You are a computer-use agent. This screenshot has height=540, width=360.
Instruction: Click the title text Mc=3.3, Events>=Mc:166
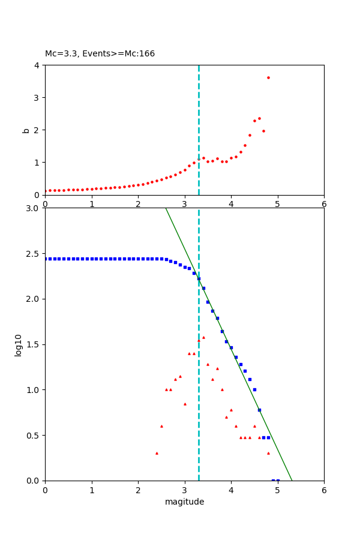100,53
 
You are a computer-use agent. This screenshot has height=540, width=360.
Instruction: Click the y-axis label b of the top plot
26,130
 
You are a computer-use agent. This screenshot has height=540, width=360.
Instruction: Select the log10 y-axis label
19,344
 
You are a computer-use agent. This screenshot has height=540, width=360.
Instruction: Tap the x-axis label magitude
184,502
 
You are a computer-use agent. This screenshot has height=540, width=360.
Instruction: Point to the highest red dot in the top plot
268,77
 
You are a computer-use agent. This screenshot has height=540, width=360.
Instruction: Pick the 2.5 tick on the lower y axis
33,254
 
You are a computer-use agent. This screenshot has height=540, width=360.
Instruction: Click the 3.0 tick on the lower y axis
33,208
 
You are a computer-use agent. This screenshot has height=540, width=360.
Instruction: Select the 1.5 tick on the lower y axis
33,344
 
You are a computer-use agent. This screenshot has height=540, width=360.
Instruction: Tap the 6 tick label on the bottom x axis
324,490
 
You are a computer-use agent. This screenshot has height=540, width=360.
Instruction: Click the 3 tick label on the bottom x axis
184,490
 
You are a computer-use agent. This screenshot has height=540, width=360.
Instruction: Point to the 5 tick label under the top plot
277,204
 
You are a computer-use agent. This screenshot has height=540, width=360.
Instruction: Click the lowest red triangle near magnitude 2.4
157,453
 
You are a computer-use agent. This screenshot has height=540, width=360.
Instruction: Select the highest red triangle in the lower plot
203,337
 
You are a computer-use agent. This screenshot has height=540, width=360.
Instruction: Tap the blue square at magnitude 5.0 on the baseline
278,480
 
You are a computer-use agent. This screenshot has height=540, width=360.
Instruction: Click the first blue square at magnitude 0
46,259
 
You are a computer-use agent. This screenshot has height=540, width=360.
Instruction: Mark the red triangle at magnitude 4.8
268,453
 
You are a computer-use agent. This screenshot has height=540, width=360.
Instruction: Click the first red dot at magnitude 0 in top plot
46,191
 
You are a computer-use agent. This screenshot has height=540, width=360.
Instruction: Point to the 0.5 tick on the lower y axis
33,435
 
